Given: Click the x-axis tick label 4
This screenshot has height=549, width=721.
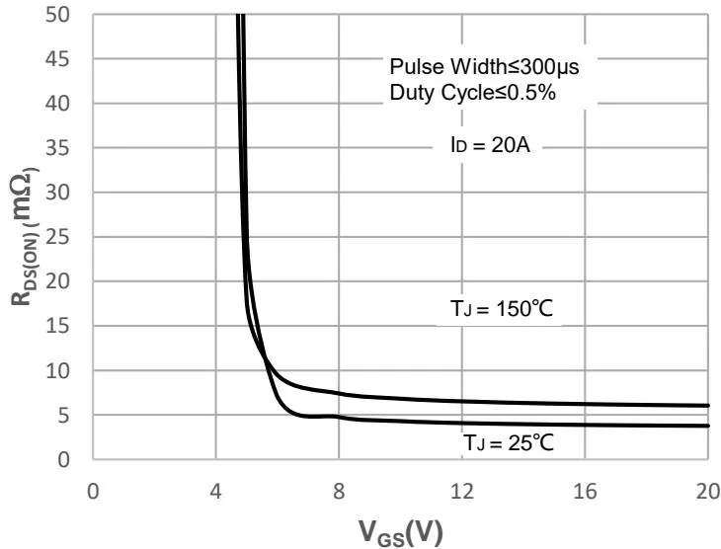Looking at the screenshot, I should pos(215,492).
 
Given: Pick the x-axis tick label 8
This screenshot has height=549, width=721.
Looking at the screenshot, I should pos(339,492).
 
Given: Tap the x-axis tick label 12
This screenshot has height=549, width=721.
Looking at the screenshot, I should pos(462,492).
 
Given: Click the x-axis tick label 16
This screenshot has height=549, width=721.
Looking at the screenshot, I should pos(586,492).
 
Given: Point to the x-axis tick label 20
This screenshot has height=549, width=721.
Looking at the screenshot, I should pos(708,492).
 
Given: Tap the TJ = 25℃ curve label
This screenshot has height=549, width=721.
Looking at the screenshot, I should pos(509,443).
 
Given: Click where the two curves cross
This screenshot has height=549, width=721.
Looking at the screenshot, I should pos(264,358).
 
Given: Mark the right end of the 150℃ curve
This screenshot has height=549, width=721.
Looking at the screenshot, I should pos(708,406).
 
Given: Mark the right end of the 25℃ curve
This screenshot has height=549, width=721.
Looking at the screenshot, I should pos(708,426).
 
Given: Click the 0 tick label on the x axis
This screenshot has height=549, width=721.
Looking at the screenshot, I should pos(93,492).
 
